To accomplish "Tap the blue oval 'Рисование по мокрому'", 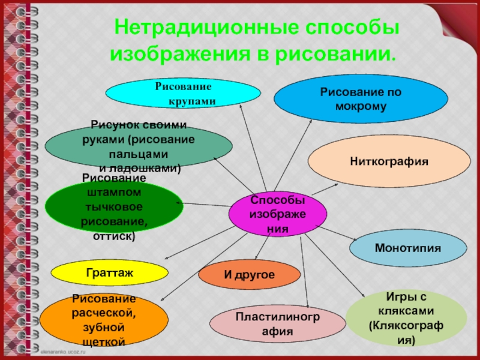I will coord(361,99).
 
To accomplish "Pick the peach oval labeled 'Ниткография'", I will coord(389,161).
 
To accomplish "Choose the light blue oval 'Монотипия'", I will coord(407,248).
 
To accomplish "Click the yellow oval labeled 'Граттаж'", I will coord(109,272).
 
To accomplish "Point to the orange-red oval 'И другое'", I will coord(249,275).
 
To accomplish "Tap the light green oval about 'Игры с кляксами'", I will coord(406,318).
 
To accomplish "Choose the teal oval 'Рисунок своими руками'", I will coord(139,146).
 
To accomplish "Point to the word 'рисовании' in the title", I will coord(337,55).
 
